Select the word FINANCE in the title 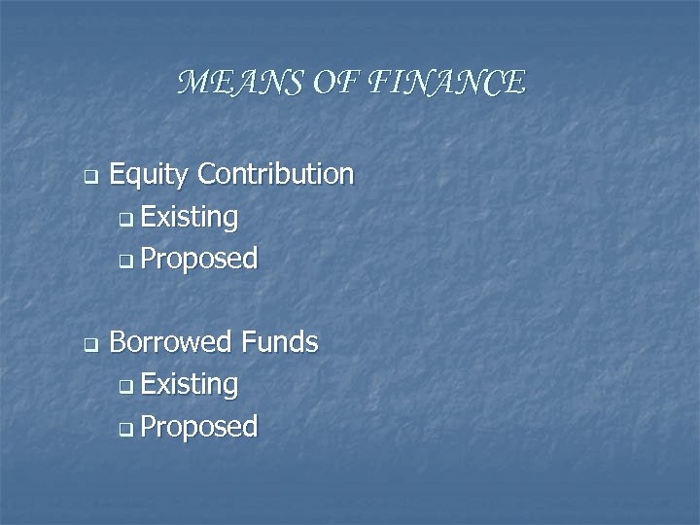pyautogui.click(x=448, y=84)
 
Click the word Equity pyautogui.click(x=149, y=176)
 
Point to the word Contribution pyautogui.click(x=275, y=174)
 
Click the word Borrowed pyautogui.click(x=172, y=342)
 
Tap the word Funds pyautogui.click(x=280, y=342)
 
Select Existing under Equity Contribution pyautogui.click(x=190, y=218)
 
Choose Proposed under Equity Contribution pyautogui.click(x=199, y=260)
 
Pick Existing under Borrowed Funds pyautogui.click(x=190, y=385)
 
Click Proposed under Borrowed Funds pyautogui.click(x=199, y=427)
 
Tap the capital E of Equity pyautogui.click(x=117, y=175)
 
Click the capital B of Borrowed pyautogui.click(x=118, y=342)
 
